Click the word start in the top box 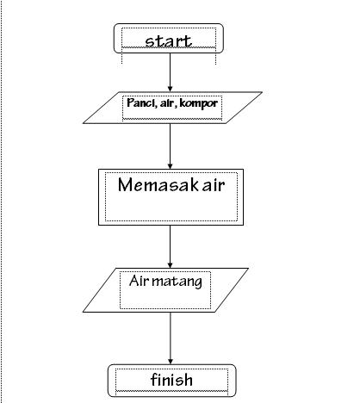point(168,40)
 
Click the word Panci point(140,104)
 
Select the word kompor point(199,104)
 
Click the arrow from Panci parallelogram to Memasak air point(170,142)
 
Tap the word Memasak point(152,184)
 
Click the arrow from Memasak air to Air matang point(170,245)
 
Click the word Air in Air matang point(140,281)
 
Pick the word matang point(180,281)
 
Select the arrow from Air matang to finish point(170,336)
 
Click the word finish point(171,380)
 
